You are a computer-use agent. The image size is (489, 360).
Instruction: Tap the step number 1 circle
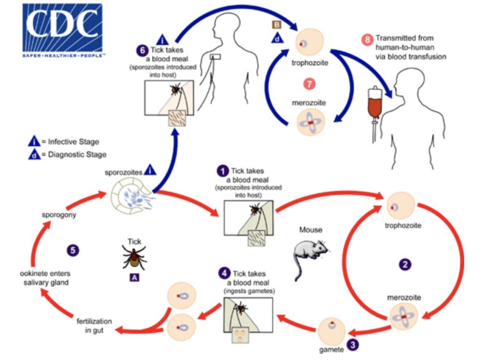[x=222, y=170]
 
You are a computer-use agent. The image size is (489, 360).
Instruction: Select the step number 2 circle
[x=405, y=264]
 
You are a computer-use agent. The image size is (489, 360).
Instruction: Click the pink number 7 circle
[x=309, y=84]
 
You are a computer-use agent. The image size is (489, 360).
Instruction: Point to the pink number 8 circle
[x=367, y=40]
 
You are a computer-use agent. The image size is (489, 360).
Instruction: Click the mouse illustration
[x=309, y=252]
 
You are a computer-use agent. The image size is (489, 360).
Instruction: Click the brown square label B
[x=276, y=24]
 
